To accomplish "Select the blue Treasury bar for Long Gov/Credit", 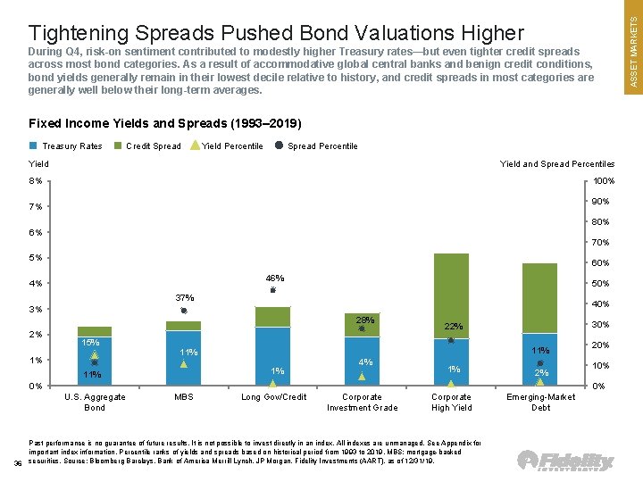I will pos(272,355).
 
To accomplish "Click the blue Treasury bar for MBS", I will pos(183,357).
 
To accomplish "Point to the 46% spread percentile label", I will pos(273,278).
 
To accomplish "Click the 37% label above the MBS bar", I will pos(184,297).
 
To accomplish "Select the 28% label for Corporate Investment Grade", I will pos(363,320).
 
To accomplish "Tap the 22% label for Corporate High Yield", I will pos(455,327).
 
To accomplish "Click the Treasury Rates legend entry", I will pos(66,146).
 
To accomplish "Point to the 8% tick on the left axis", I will pos(37,181).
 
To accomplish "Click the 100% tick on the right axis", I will pos(603,181).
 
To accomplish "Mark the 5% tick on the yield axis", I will pos(37,258).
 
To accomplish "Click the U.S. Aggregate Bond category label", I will pos(95,402).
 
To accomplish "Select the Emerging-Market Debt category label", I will pos(540,402).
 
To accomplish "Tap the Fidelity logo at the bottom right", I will pos(566,461).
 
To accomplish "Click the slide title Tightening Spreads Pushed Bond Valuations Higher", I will pos(276,33).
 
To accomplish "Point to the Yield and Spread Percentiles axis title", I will pos(557,164).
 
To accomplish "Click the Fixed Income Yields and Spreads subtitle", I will pos(165,123).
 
